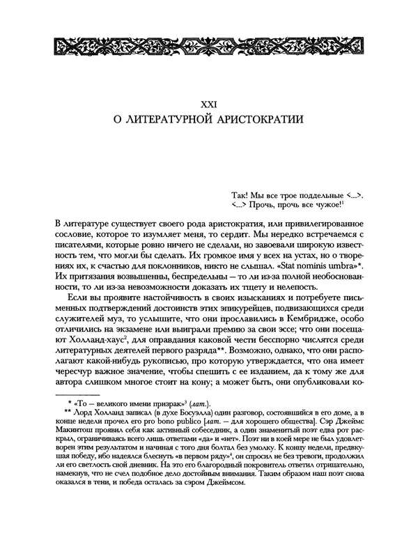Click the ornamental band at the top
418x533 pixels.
pos(209,47)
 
